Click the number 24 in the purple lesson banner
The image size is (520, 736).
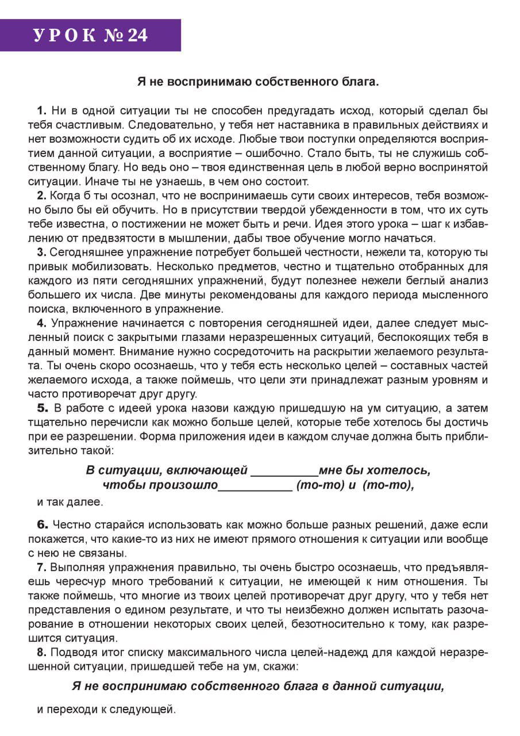(x=137, y=36)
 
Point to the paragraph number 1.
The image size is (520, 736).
(x=41, y=110)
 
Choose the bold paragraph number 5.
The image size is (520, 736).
(x=42, y=408)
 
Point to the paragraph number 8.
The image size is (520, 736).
(x=41, y=653)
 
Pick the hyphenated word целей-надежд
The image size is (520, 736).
(x=328, y=653)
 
